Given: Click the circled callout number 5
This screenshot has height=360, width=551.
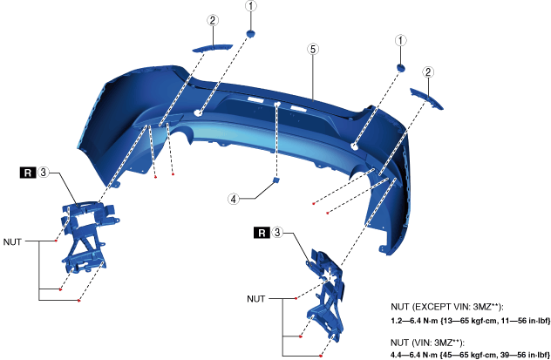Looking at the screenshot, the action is tap(313, 49).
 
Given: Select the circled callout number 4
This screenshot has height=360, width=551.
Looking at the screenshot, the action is tap(234, 199).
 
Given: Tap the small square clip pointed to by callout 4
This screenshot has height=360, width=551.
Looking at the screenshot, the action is tap(276, 180).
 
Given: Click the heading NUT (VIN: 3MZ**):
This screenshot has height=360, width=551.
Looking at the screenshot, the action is tap(428, 343).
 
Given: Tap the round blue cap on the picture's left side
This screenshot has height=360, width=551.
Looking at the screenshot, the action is tap(250, 34).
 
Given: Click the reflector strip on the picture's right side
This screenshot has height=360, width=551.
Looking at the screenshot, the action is tap(426, 98).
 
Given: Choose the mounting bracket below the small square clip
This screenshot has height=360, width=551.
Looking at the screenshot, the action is tap(325, 295).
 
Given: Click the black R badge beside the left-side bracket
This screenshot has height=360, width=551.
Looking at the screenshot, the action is tap(28, 173).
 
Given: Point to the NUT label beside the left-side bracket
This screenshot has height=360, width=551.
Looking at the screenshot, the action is tap(12, 241).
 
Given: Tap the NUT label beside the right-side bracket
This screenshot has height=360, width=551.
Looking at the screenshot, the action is tap(255, 299).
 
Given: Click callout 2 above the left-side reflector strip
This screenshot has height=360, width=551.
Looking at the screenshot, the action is tap(212, 20).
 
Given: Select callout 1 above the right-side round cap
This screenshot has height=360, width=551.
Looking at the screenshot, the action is tap(400, 40).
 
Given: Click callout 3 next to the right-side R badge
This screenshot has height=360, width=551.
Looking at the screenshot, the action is tap(277, 232).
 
